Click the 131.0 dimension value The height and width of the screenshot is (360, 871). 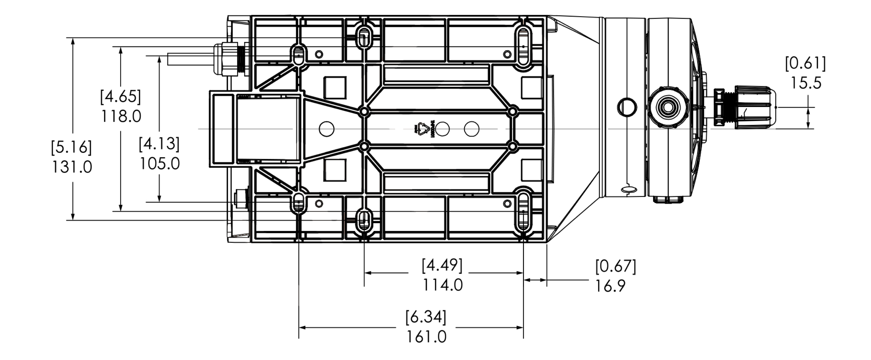pos(72,167)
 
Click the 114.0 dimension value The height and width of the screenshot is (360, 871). pos(442,285)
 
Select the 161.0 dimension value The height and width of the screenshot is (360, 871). pos(426,337)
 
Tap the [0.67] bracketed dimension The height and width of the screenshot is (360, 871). pos(615,266)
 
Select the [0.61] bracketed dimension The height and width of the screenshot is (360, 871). pos(805,64)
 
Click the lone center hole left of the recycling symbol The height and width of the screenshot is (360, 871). pos(326,129)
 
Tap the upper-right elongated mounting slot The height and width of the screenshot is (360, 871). pos(523,46)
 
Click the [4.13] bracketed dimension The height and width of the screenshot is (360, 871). pos(159,144)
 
